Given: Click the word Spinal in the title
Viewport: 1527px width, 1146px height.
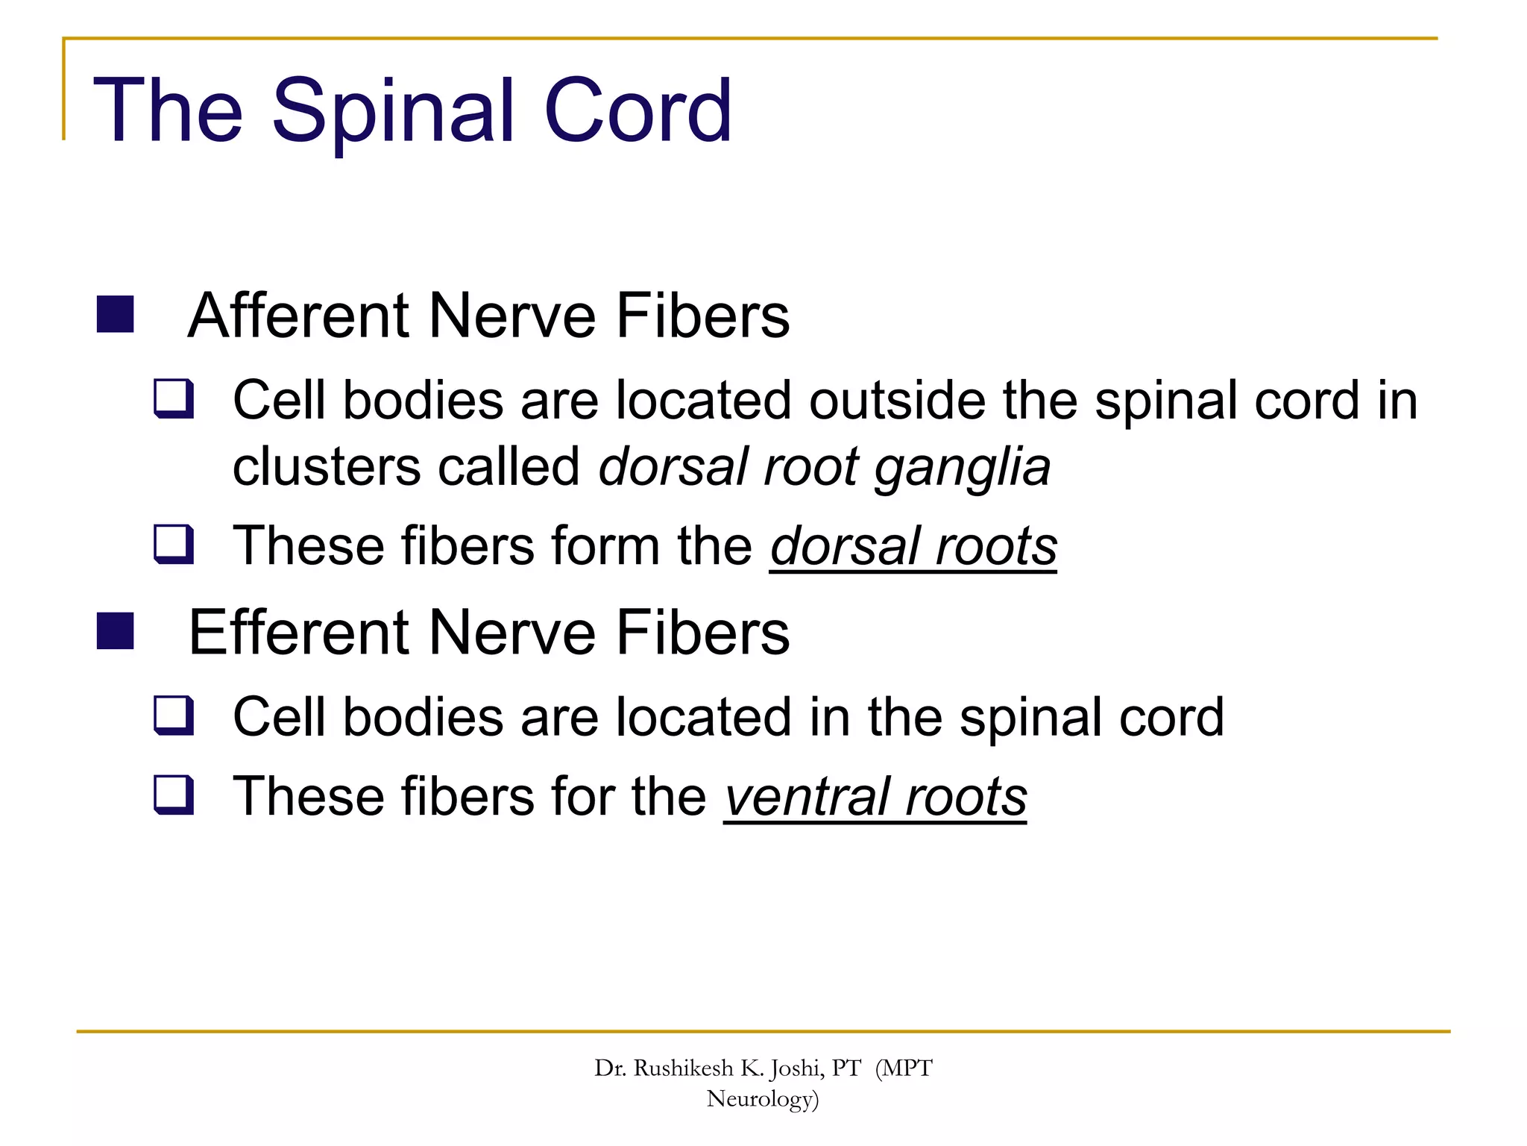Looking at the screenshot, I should [x=395, y=112].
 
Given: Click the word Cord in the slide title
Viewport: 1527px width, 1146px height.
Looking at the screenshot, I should [x=637, y=112].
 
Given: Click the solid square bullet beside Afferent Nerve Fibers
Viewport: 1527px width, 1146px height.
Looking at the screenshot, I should [x=116, y=314].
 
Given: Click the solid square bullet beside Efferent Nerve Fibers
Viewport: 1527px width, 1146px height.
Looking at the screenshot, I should [x=116, y=631].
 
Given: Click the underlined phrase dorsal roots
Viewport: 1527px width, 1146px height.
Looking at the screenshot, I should [x=913, y=546].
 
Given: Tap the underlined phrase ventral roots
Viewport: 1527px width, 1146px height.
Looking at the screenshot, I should [x=875, y=797].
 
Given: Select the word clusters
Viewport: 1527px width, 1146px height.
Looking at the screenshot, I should [x=327, y=468].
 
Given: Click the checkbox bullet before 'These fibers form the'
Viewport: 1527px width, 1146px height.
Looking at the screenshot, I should [x=174, y=545].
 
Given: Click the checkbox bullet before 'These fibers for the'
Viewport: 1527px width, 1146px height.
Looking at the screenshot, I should [x=174, y=795].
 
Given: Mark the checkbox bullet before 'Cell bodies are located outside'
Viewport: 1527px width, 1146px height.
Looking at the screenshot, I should [x=174, y=399].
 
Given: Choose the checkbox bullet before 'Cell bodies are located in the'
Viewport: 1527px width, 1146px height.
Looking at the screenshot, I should [x=174, y=716].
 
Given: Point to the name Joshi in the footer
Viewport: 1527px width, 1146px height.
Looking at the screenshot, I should [x=796, y=1069].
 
